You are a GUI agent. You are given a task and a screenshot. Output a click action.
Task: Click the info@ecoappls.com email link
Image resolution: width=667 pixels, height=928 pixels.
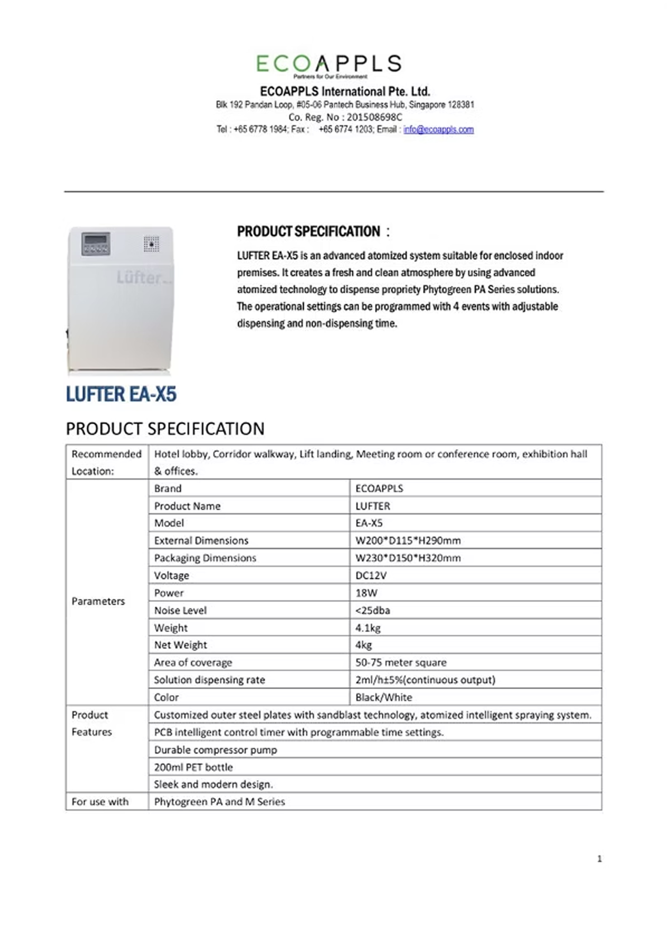pos(438,129)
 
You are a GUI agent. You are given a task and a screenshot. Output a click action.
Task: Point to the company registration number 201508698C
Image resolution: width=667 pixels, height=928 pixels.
pos(374,117)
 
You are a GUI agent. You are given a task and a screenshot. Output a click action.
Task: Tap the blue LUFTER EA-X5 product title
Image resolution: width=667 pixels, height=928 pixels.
pos(121,394)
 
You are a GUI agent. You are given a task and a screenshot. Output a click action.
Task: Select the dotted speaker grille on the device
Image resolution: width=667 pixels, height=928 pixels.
pos(151,244)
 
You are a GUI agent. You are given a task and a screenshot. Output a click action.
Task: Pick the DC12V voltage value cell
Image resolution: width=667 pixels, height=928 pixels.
pos(371,575)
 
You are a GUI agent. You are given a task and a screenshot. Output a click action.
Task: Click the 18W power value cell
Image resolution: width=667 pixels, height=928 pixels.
pos(367,593)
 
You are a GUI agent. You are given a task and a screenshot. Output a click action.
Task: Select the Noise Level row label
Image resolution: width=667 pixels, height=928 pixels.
pos(180,610)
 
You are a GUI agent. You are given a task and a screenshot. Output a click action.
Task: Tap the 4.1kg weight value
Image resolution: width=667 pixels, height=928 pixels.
pos(368,628)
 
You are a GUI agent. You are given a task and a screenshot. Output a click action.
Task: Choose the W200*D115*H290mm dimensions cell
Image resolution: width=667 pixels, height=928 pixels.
pos(408,540)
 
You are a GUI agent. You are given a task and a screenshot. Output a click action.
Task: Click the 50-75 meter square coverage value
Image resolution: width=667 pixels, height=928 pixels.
pos(400,663)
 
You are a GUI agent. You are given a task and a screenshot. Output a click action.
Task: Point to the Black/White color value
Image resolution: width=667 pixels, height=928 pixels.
pos(383,697)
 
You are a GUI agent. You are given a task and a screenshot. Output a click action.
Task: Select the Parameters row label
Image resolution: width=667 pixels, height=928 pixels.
pos(98,601)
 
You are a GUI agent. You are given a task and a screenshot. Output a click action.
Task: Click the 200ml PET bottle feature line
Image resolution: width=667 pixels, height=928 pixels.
pos(193,767)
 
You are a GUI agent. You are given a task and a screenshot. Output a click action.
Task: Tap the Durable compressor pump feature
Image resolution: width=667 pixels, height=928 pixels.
pos(215,750)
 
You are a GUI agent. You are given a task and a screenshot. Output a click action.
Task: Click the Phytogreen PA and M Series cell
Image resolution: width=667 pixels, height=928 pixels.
pos(219,802)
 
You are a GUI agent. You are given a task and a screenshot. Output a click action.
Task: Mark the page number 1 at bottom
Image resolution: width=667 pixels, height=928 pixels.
pos(599,858)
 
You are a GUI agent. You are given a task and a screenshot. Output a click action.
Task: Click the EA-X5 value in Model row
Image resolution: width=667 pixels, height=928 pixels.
pos(369,523)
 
